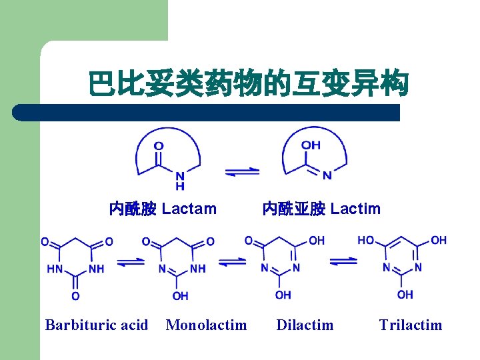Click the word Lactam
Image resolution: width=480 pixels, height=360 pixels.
[189, 209]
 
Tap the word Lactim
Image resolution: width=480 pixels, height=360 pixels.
[355, 209]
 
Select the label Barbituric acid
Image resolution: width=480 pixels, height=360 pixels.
[97, 325]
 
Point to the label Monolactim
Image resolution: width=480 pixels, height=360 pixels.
[206, 325]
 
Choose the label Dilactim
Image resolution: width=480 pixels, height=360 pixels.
[305, 325]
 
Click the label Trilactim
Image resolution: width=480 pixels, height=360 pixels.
[410, 325]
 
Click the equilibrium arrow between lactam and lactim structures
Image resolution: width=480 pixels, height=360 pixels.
[242, 172]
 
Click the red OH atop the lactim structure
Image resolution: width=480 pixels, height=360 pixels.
[311, 145]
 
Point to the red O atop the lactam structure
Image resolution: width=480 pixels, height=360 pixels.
[159, 145]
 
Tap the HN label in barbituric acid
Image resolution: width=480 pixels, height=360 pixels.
[55, 269]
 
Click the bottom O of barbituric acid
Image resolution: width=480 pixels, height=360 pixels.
[75, 295]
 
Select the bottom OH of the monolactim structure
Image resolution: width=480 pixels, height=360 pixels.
[179, 295]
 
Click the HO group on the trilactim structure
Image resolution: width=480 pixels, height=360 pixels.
[366, 240]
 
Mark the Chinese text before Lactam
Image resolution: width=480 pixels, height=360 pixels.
[133, 209]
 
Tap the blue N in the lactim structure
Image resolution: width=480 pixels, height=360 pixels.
[327, 176]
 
